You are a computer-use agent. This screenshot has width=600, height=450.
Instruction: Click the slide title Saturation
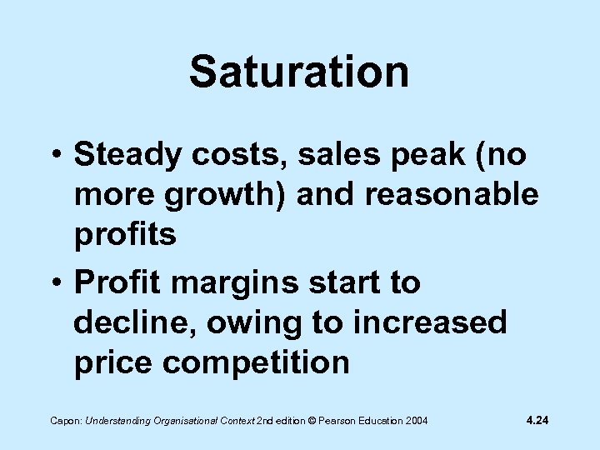pos(299,72)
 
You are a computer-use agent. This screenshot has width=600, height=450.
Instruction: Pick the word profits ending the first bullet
pos(125,235)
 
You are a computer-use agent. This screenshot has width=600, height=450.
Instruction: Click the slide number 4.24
pos(537,420)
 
